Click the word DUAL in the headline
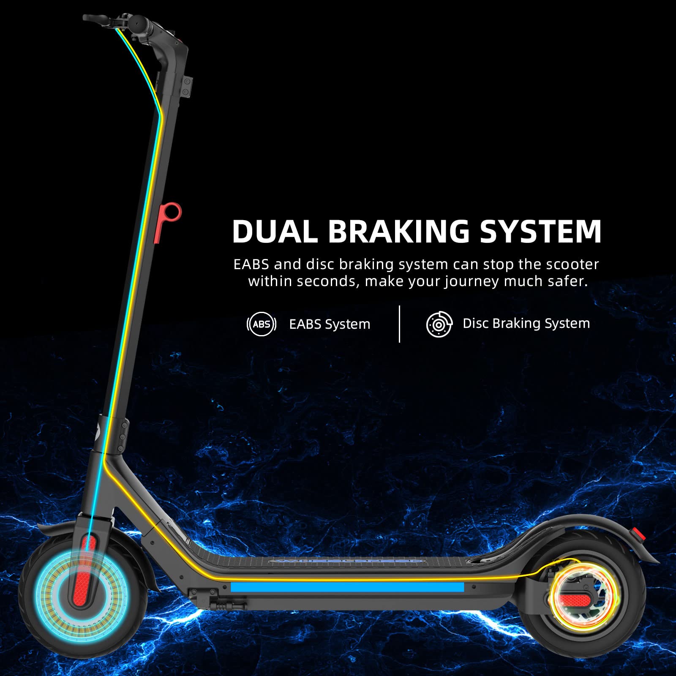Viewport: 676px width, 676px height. [x=275, y=231]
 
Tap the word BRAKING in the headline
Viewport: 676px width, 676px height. [x=399, y=231]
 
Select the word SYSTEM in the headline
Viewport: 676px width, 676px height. [x=541, y=231]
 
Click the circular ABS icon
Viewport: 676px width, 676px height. [x=262, y=324]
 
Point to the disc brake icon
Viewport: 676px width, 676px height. [x=439, y=324]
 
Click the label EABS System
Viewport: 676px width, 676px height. [x=330, y=324]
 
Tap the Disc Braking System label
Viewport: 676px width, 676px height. [x=526, y=324]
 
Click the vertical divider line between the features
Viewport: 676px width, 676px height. [x=399, y=324]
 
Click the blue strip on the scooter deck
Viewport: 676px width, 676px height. [x=347, y=587]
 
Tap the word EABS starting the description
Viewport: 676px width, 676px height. [x=251, y=264]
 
